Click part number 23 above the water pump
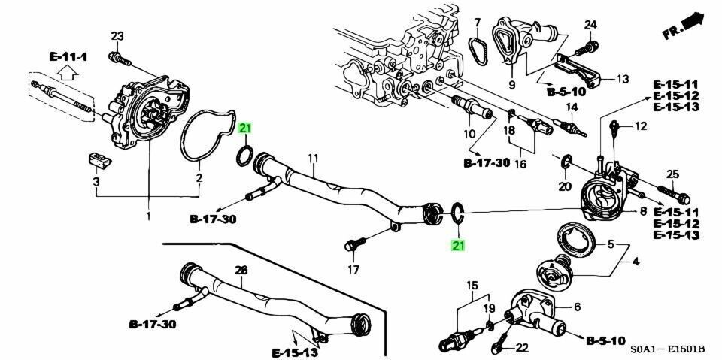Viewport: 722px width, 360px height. (x=117, y=36)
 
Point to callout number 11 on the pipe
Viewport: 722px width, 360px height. (x=313, y=158)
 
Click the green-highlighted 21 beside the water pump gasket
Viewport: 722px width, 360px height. (x=245, y=130)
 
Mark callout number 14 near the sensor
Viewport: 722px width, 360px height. (x=572, y=107)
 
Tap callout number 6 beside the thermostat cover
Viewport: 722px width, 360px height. (x=578, y=306)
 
